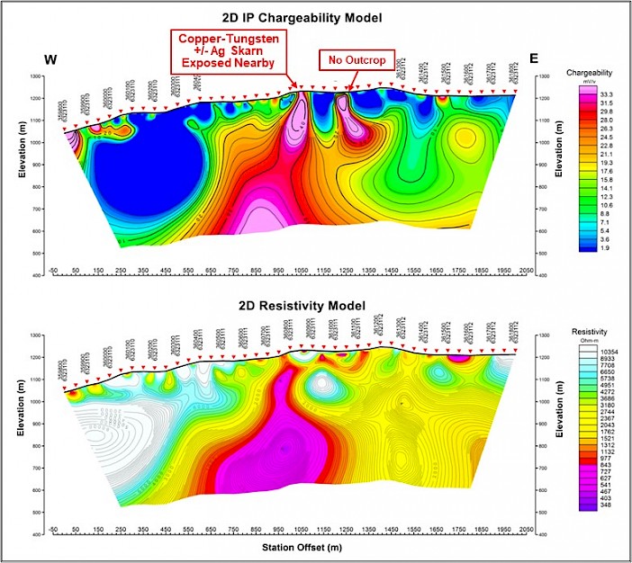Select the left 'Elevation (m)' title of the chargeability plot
13,175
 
